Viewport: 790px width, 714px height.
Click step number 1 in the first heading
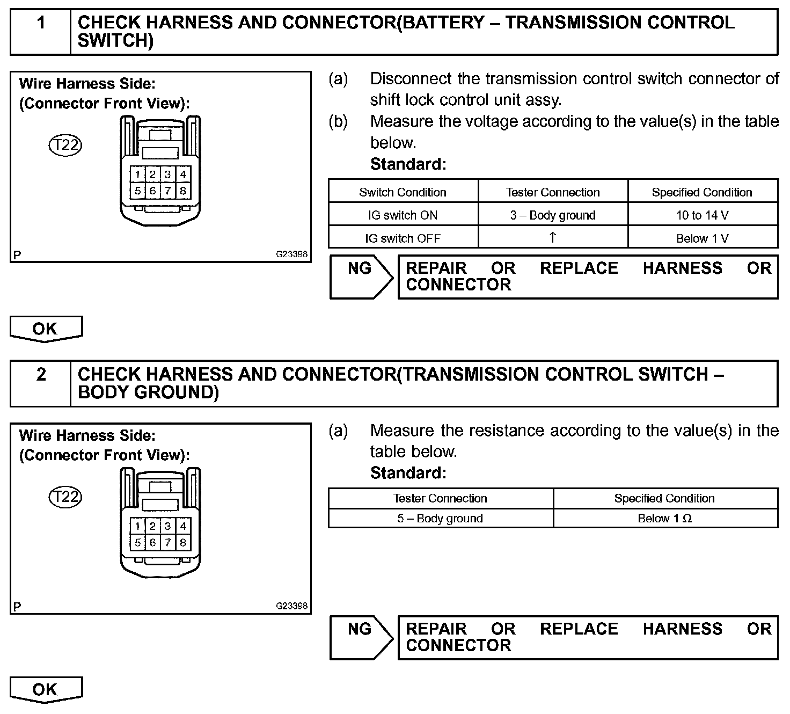41,23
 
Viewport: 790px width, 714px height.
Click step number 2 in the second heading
41,374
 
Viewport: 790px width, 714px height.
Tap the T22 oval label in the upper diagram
65,145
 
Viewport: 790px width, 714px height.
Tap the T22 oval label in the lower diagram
65,497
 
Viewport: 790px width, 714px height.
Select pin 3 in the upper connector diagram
168,174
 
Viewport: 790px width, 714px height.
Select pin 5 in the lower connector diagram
138,543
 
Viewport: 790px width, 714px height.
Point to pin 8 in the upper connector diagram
183,191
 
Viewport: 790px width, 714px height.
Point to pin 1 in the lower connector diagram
138,527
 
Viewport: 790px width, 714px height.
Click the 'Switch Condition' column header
403,192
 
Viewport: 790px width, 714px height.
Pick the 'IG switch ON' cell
403,215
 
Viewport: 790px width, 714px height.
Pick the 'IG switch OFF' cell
403,238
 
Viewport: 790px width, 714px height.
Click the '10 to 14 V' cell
702,215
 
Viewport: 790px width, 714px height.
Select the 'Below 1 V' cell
702,238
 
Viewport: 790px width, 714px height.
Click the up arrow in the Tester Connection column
553,237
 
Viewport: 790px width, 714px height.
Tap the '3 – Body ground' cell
553,215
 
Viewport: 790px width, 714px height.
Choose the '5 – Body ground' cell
440,519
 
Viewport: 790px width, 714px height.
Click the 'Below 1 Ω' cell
664,519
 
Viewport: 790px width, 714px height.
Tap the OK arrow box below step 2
46,690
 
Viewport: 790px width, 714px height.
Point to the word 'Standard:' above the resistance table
408,473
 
